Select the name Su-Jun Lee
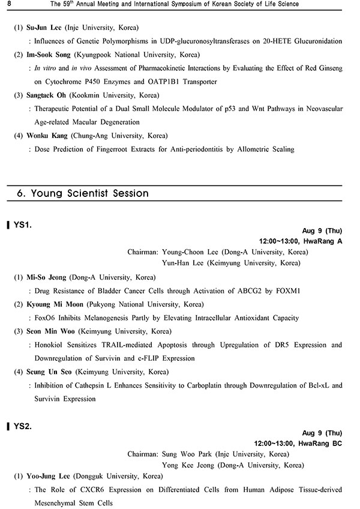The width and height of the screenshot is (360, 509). coord(43,28)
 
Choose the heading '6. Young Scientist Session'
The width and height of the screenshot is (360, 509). coord(82,193)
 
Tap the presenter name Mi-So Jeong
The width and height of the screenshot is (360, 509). coord(47,277)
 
